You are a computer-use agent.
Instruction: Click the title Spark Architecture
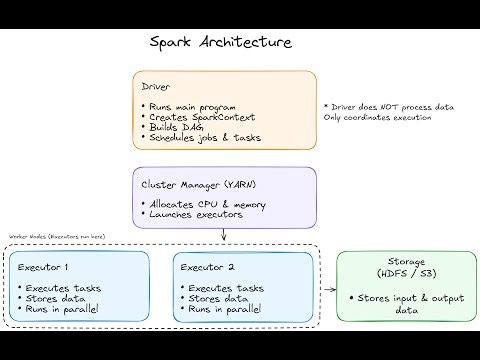tap(220, 43)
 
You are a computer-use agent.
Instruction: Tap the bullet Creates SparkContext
tap(196, 117)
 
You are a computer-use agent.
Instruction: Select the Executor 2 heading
tap(208, 267)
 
